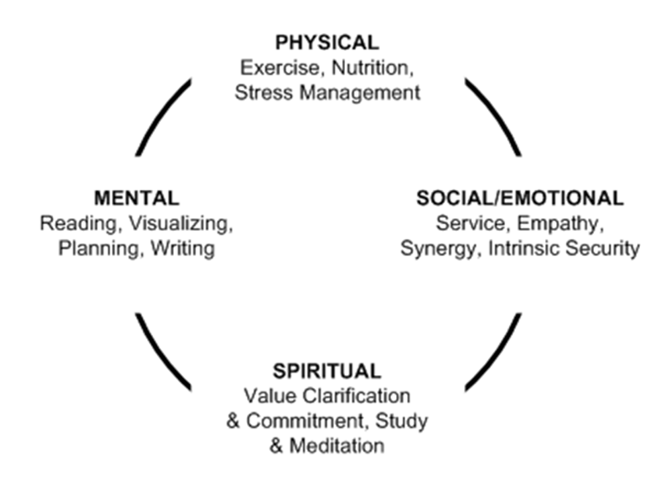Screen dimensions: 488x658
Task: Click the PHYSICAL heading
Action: (327, 43)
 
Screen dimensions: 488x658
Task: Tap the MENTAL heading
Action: (136, 198)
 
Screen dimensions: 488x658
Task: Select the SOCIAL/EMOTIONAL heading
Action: (519, 198)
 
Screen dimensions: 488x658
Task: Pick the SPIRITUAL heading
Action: (327, 370)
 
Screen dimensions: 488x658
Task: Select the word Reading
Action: (72, 223)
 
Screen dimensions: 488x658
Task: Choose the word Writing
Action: (183, 248)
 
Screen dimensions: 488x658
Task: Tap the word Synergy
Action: (438, 248)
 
